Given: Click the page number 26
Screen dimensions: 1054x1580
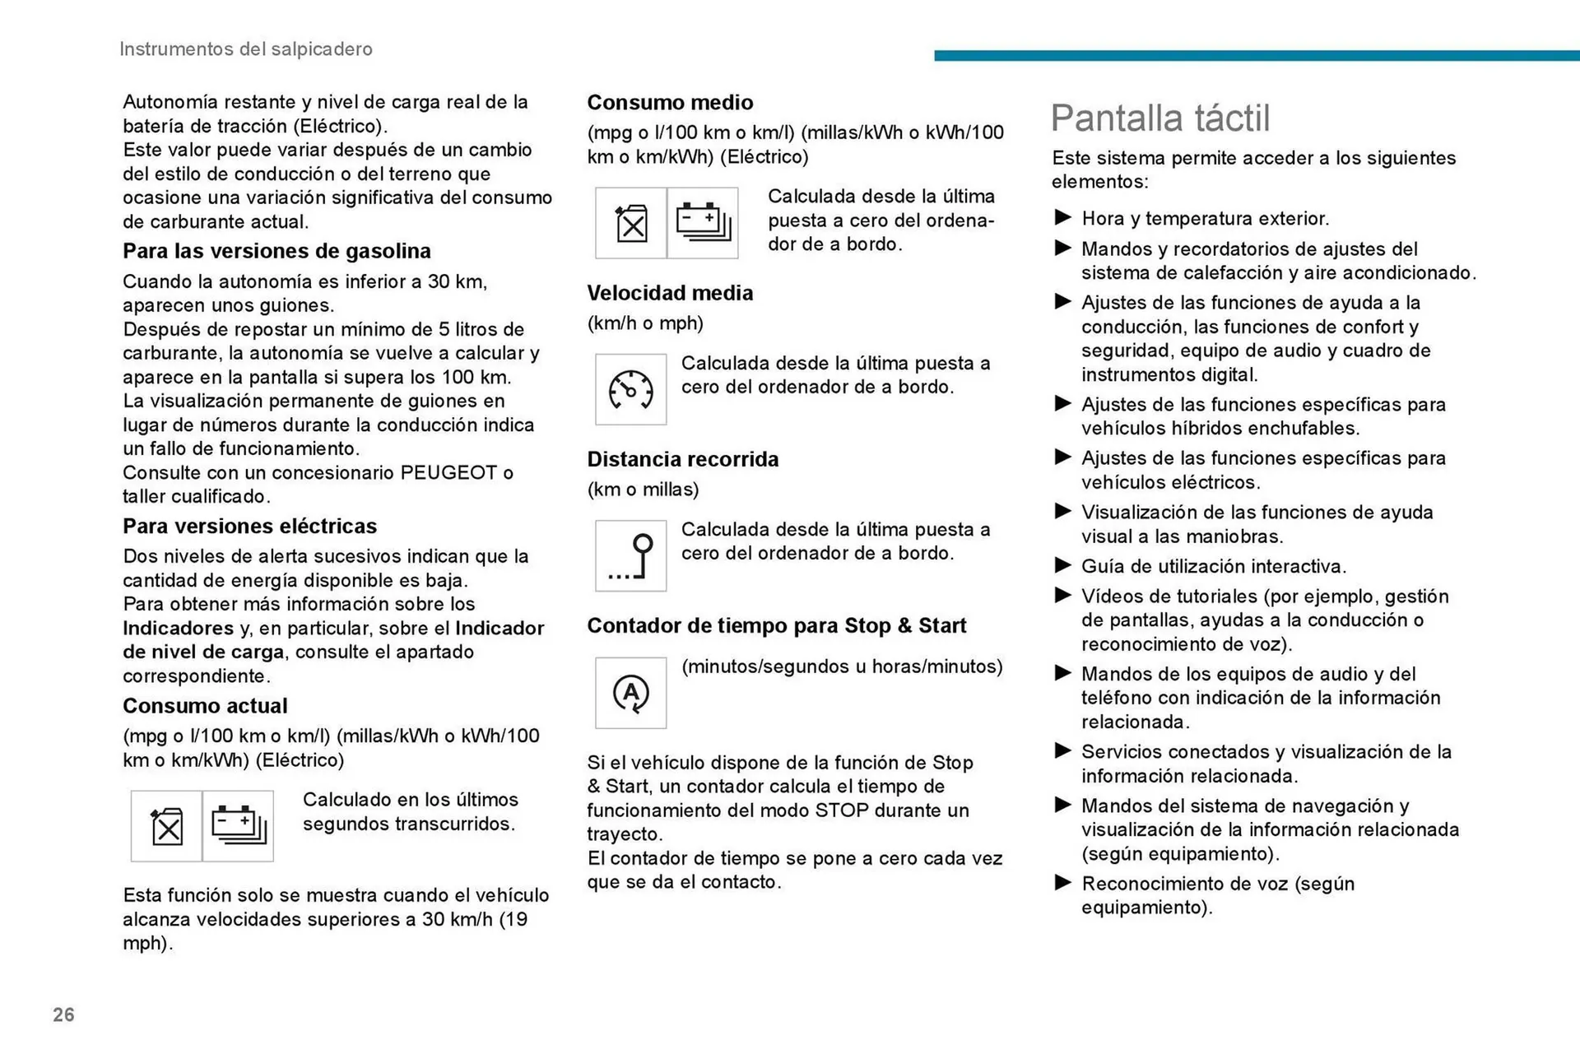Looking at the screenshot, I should pyautogui.click(x=63, y=1015).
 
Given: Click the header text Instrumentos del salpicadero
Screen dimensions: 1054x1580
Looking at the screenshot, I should pyautogui.click(x=245, y=49).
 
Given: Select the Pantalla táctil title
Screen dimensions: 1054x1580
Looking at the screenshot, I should pyautogui.click(x=1159, y=118).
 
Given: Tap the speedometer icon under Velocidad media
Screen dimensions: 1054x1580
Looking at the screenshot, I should pyautogui.click(x=630, y=390).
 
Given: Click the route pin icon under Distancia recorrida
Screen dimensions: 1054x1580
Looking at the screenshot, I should pyautogui.click(x=630, y=556).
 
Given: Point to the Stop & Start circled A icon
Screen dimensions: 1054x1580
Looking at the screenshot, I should pyautogui.click(x=630, y=693).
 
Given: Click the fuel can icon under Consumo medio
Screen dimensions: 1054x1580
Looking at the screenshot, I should pyautogui.click(x=631, y=223).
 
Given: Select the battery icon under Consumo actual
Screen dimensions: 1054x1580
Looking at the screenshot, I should pyautogui.click(x=238, y=826).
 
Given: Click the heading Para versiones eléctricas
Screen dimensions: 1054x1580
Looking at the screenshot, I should pyautogui.click(x=249, y=527).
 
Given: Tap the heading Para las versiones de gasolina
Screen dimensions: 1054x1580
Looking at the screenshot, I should pyautogui.click(x=276, y=251).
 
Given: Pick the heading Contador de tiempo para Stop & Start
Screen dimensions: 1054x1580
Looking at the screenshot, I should pyautogui.click(x=776, y=626).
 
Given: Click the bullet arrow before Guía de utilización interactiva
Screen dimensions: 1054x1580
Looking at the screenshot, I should pyautogui.click(x=1062, y=566).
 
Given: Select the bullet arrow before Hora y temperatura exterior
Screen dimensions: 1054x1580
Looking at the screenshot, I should pyautogui.click(x=1062, y=218).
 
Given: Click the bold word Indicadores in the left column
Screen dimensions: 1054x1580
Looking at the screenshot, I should pyautogui.click(x=179, y=629).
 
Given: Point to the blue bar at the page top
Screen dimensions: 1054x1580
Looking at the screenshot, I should pyautogui.click(x=1256, y=55).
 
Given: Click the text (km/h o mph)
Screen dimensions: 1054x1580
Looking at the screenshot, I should pyautogui.click(x=645, y=323).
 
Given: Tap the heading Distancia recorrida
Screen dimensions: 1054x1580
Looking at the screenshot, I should pyautogui.click(x=682, y=459).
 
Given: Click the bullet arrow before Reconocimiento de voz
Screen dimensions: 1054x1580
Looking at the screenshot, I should pyautogui.click(x=1062, y=884).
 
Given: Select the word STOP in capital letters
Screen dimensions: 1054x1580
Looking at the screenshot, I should pyautogui.click(x=841, y=810).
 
